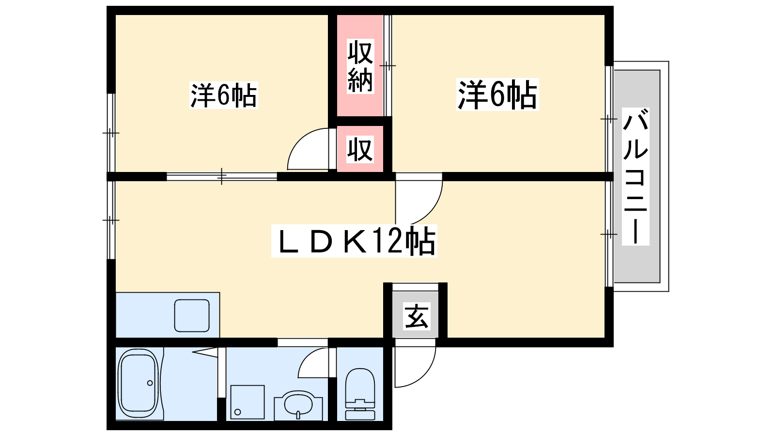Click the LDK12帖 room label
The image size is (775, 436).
(x=354, y=241)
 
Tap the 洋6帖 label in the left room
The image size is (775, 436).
(x=223, y=95)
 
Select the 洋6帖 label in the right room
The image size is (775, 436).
(x=497, y=94)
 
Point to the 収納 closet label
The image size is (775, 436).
(x=360, y=66)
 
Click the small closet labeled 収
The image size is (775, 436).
(x=360, y=149)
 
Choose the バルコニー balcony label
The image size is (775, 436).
(x=635, y=176)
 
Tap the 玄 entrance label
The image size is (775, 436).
(x=417, y=316)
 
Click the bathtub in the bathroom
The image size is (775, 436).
(x=139, y=384)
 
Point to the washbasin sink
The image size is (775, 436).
(x=298, y=405)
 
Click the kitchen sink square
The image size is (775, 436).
(x=192, y=315)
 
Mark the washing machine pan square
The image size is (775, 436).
(x=247, y=402)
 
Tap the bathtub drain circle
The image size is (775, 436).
(x=150, y=383)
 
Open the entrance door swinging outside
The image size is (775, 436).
(x=415, y=363)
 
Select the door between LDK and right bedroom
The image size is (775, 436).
(x=419, y=200)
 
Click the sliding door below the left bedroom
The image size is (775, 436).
(x=222, y=176)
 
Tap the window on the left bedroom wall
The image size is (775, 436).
(x=111, y=133)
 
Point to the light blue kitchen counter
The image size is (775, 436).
(x=168, y=315)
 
